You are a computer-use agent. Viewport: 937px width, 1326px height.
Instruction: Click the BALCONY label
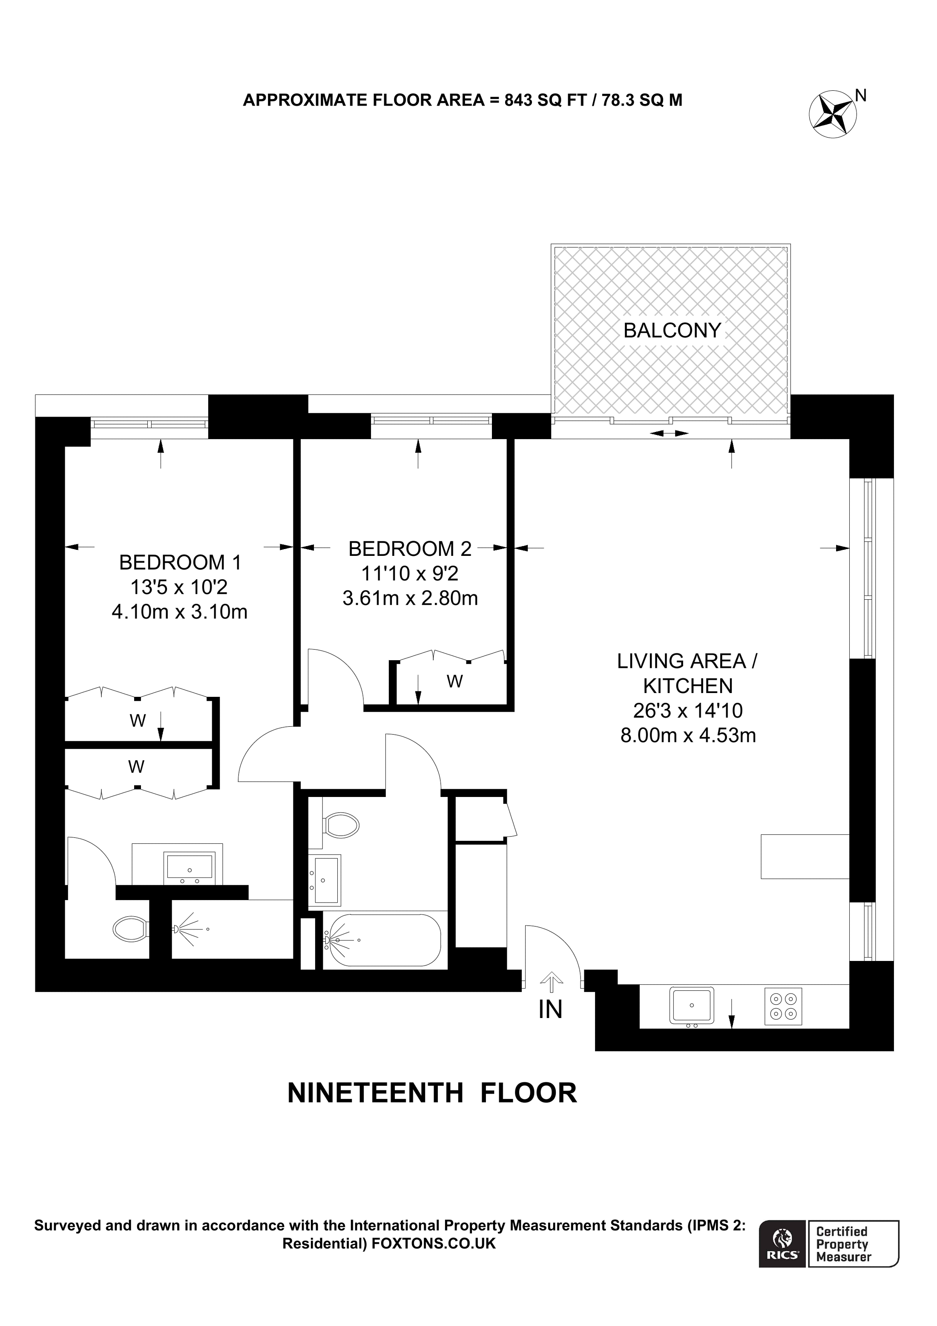pos(672,331)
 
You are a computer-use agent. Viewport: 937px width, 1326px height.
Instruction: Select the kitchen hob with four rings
pos(783,1006)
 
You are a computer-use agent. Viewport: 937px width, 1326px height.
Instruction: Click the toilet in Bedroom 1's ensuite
pos(132,929)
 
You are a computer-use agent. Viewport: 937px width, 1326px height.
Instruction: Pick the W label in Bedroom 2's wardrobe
pos(454,682)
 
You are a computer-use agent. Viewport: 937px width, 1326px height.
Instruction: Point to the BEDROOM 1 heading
pos(180,562)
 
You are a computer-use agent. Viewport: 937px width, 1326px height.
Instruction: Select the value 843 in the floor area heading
pos(518,101)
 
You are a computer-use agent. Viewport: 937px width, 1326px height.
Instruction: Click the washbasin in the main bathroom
pos(325,880)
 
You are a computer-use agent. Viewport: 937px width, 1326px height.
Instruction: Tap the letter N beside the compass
pos(861,95)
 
